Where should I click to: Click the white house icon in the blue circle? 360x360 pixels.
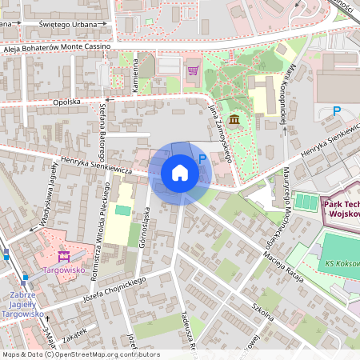(x=180, y=172)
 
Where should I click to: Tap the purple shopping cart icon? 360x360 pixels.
(x=193, y=70)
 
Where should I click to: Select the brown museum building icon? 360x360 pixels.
(x=233, y=120)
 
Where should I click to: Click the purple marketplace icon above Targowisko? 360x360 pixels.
(x=64, y=257)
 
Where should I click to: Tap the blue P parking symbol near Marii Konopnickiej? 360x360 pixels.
(x=337, y=111)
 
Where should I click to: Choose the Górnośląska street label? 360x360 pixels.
(x=145, y=226)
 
